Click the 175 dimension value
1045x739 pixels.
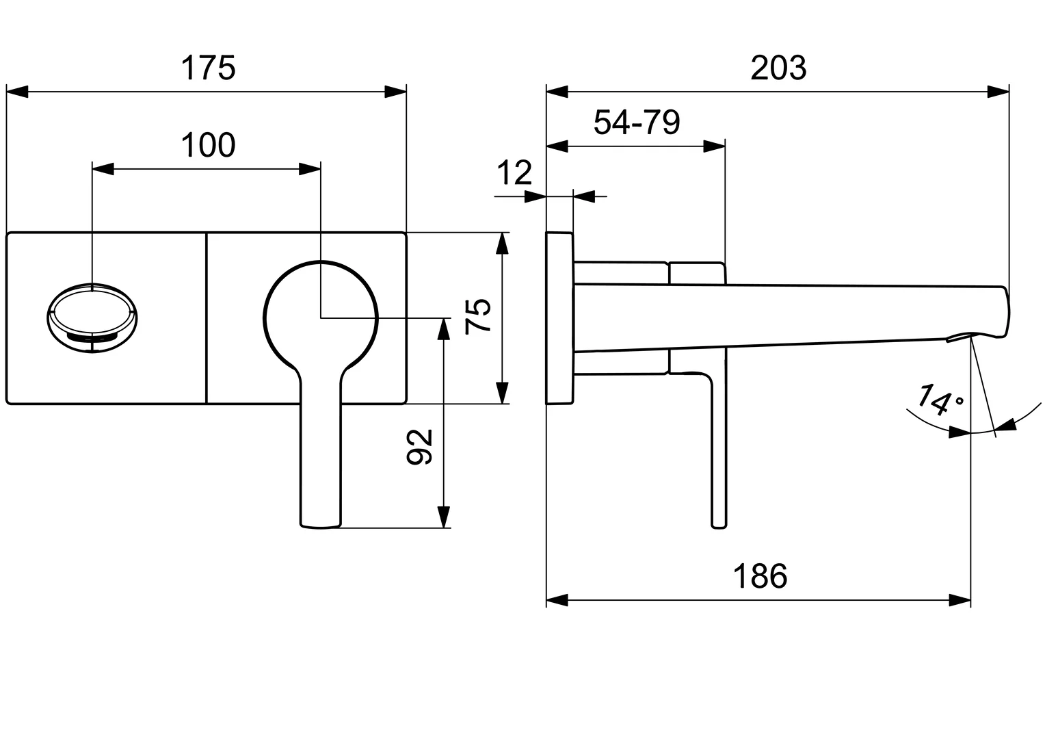tap(208, 68)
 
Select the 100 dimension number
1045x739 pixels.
tap(208, 146)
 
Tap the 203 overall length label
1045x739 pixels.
tap(778, 68)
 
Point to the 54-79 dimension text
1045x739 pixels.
tap(637, 123)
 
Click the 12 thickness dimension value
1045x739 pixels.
tap(514, 174)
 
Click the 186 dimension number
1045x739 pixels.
tap(760, 577)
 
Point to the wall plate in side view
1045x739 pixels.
tap(559, 318)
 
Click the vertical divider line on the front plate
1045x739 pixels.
tap(206, 318)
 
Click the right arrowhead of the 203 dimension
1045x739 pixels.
tap(999, 92)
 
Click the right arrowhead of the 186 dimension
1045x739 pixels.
tap(960, 601)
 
